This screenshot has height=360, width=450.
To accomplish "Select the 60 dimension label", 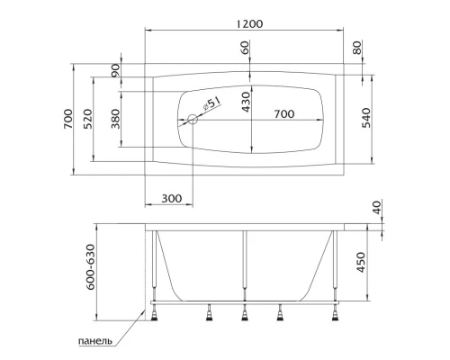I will coord(246,47).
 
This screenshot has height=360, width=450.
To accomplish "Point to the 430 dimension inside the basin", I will coord(246,106).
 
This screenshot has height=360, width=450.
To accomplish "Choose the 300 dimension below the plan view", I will coord(170,198).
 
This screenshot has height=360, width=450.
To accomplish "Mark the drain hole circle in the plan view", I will coord(192,120).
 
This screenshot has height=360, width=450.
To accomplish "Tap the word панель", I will coord(94,343).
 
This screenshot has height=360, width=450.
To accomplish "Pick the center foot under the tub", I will coord(244,313).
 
